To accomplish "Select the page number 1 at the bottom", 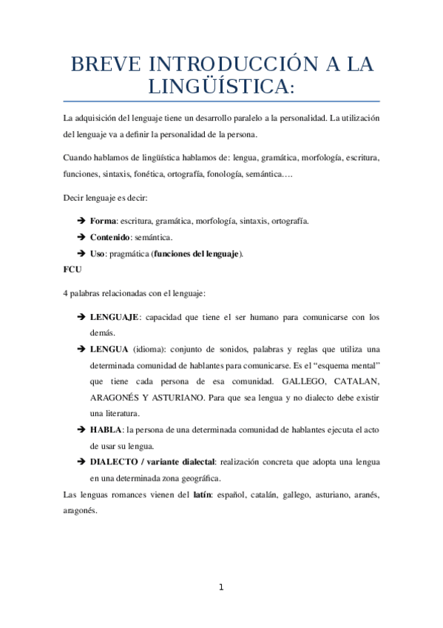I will [220, 587].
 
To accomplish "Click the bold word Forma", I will [103, 221].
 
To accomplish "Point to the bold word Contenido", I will [109, 238].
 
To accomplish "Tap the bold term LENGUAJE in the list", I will [114, 317].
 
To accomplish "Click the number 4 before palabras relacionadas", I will [67, 293].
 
